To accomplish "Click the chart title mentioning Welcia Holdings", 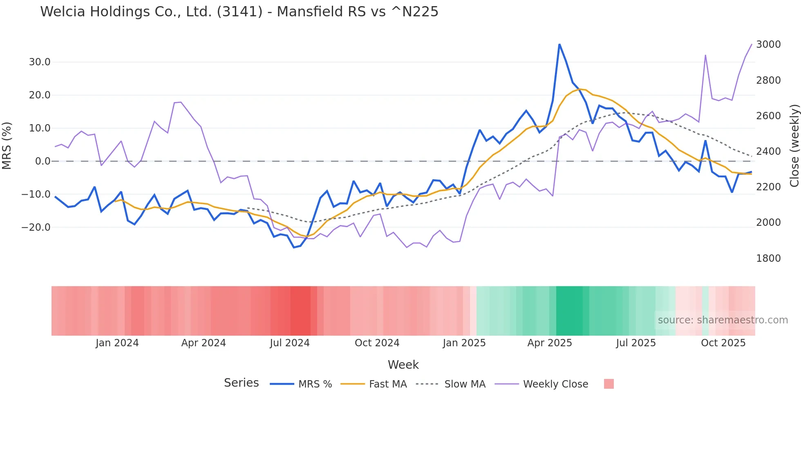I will [239, 12].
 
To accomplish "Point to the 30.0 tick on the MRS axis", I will [39, 62].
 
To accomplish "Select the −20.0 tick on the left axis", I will [36, 227].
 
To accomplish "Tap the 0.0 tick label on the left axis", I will [43, 161].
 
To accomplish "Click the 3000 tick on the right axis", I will [768, 45].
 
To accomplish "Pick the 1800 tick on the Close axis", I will [768, 258].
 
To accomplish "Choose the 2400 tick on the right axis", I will [768, 151].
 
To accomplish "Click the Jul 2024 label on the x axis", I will [290, 343].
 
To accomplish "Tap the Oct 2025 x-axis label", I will [723, 343].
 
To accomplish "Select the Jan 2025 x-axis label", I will [464, 343].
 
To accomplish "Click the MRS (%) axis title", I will [7, 145].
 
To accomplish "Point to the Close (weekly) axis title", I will [794, 145].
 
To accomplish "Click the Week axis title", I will [403, 365].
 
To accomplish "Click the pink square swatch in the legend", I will [609, 384].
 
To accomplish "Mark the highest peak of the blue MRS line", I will [559, 45].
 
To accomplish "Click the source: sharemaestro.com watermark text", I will [723, 320].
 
